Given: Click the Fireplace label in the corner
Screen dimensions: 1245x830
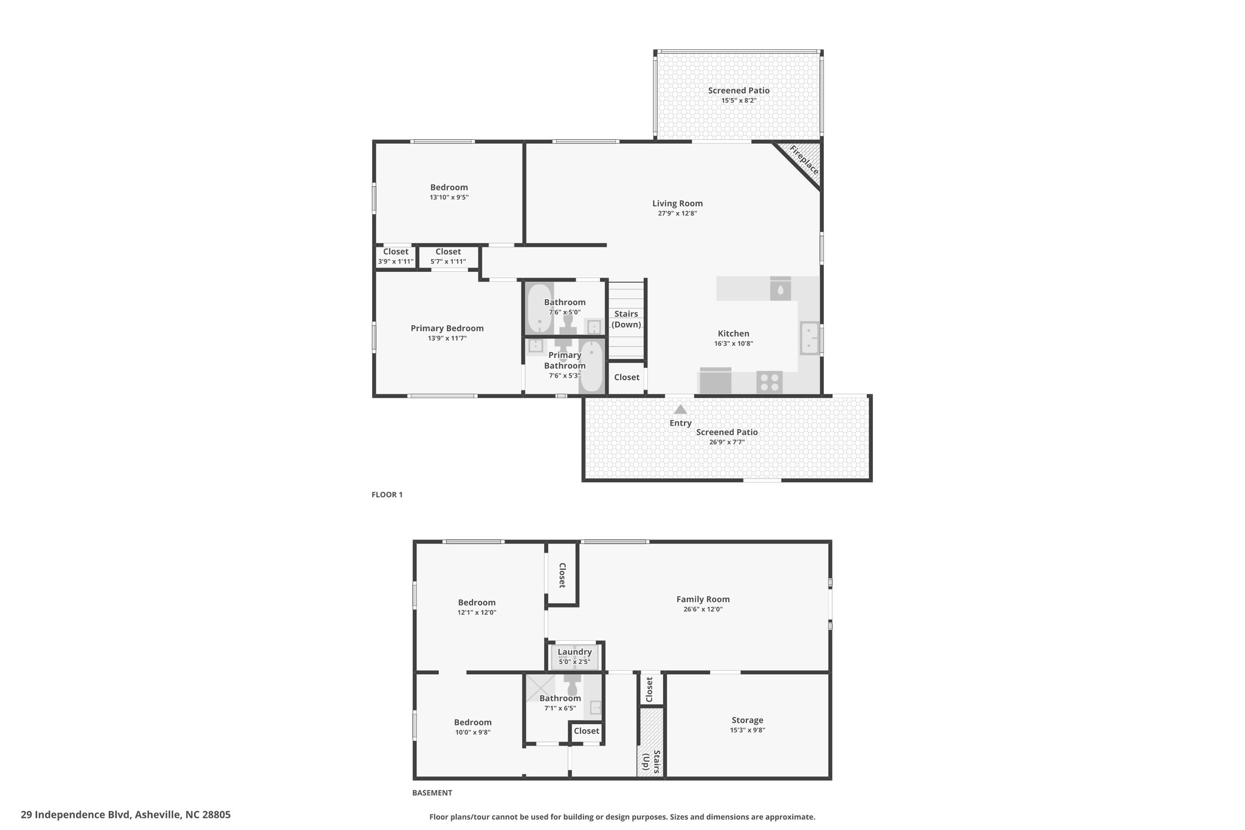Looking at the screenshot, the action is click(x=804, y=159).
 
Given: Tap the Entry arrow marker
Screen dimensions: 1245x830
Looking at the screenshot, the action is click(x=680, y=409).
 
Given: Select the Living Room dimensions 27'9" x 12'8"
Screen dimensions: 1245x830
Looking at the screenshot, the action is click(x=677, y=213).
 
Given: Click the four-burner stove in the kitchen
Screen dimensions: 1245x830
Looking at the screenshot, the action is click(x=770, y=382).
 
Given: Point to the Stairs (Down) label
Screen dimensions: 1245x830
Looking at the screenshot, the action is click(x=626, y=319).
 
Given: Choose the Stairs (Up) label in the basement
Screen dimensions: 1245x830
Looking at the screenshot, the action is click(x=649, y=762).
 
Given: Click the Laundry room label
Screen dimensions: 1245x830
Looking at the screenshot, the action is click(x=574, y=652).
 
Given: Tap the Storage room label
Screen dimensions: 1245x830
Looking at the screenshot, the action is click(x=747, y=720).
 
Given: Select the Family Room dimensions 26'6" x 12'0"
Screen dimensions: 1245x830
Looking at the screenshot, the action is click(x=703, y=609).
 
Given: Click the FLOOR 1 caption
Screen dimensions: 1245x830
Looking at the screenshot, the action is click(x=387, y=495).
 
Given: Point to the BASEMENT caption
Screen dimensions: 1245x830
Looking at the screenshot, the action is click(x=432, y=793).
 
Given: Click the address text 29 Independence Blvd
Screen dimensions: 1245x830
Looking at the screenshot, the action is click(x=75, y=814).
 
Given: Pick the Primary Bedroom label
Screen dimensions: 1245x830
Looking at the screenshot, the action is click(x=447, y=328).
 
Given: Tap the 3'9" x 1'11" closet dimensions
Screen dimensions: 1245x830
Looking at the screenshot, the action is click(x=396, y=261).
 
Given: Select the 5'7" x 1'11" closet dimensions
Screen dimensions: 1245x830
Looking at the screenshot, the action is click(x=448, y=261).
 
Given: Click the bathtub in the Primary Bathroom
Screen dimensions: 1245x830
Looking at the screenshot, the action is click(x=591, y=366).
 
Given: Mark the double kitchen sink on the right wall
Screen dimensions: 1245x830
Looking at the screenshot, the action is click(x=810, y=338).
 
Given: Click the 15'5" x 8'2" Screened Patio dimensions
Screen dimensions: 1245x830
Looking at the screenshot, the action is click(x=739, y=100).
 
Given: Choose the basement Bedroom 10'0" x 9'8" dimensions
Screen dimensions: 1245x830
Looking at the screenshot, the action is click(x=472, y=732).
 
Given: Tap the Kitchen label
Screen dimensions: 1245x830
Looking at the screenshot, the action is click(x=734, y=333).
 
